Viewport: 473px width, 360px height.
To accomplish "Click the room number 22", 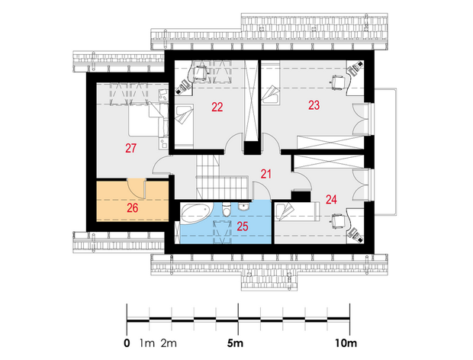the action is tap(217, 107).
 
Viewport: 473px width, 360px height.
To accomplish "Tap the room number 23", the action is tap(314, 105).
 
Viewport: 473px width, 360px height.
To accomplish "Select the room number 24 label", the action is tap(331, 200).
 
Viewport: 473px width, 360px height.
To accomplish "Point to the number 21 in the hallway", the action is tap(265, 174).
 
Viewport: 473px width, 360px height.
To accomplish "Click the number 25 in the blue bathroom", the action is tap(243, 226).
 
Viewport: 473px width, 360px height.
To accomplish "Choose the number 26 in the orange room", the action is tap(133, 207).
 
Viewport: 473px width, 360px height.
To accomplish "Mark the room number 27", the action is tap(131, 148).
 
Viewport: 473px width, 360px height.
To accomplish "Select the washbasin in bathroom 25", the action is tap(243, 207).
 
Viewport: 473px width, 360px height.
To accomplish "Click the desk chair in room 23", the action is tap(338, 82).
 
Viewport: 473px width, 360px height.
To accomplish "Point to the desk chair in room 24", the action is tap(338, 221).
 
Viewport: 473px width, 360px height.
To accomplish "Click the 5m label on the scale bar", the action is tap(235, 343).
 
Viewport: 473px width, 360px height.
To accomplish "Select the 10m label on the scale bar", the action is tap(346, 343).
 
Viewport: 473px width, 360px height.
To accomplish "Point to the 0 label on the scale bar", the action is tap(127, 343).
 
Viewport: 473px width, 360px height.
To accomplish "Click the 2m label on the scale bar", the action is tap(169, 343).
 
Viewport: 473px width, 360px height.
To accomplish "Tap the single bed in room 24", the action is tap(297, 212).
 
